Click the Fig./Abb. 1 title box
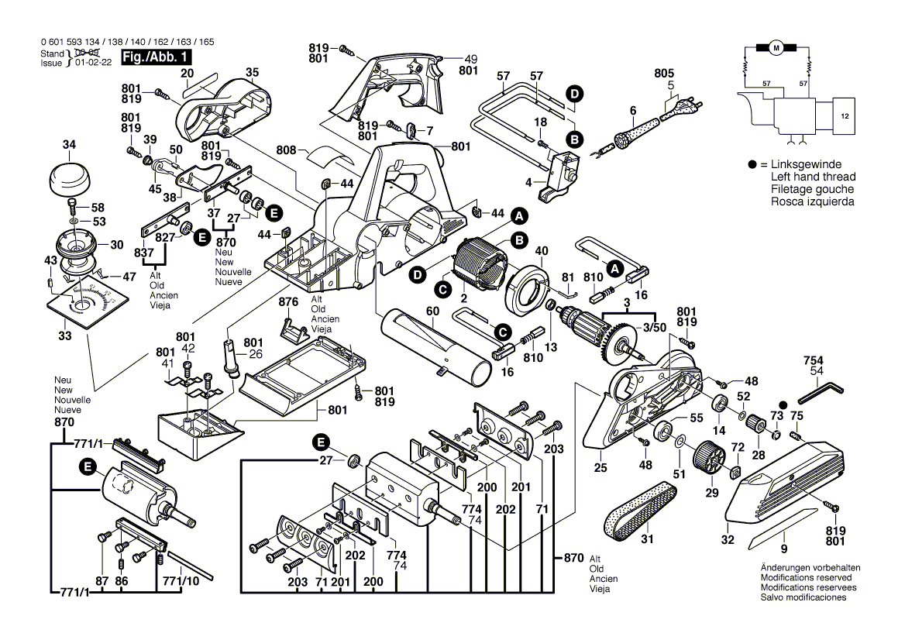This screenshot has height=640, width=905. click(156, 58)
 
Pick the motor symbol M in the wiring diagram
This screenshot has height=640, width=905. click(776, 48)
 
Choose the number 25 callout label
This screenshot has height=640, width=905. click(600, 467)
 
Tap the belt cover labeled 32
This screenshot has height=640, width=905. click(783, 477)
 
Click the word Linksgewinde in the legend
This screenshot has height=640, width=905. click(806, 165)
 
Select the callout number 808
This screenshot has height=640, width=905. click(287, 149)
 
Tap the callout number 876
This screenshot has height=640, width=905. click(288, 301)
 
